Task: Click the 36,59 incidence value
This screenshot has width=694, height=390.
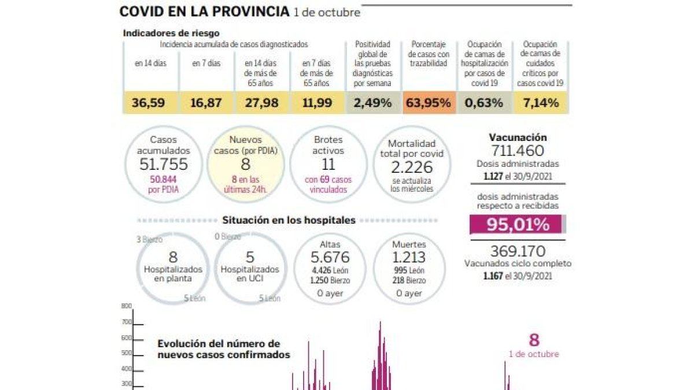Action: coord(149,103)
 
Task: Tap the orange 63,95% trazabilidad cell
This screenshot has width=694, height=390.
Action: coord(429,103)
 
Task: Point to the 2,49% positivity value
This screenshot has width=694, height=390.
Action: coord(373,103)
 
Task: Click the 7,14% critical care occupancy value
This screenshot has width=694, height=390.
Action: coord(540,103)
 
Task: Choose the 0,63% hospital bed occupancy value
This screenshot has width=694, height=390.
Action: coord(485,103)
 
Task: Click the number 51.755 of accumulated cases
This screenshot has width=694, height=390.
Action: coord(164,165)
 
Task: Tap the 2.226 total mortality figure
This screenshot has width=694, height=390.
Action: coord(411,168)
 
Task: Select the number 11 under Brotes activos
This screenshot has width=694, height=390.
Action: coord(328,165)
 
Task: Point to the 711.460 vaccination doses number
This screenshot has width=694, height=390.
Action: coord(518,151)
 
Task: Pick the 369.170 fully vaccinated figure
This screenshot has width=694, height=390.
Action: coord(518,251)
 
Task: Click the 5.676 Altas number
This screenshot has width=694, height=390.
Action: coord(330,258)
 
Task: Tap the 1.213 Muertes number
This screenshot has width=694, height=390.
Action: coord(409,258)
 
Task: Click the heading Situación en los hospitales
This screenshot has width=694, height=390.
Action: coord(289,220)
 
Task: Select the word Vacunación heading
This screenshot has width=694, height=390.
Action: coord(518,138)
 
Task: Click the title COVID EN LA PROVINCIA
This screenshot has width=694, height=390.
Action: coord(204,12)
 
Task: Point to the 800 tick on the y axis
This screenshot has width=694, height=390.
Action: coord(127,306)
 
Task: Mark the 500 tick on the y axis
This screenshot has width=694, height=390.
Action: coord(127,353)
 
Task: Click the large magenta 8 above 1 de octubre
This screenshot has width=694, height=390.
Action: coord(534,340)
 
